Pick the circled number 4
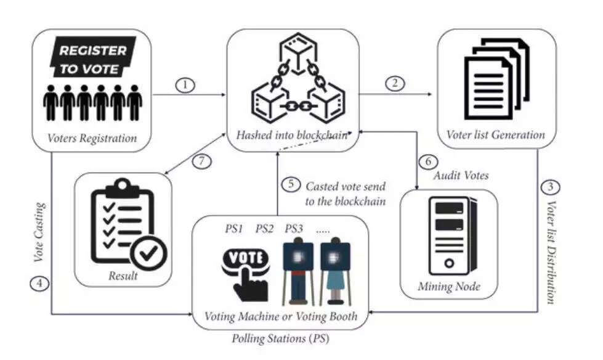pos(38,285)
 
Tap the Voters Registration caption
pos(92,138)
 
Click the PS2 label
pos(265,229)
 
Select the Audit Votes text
pos(461,176)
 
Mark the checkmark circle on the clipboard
pos(150,252)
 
